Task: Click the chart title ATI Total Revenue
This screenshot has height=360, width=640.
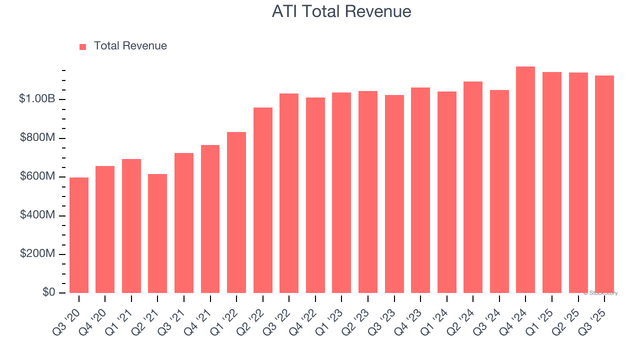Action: (341, 11)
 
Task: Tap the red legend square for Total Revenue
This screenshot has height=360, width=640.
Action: (83, 46)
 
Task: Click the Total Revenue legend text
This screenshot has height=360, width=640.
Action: (130, 46)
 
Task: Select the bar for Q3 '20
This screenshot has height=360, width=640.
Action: (79, 235)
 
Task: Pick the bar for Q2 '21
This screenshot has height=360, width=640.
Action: (157, 233)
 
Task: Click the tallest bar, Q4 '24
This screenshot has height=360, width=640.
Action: (525, 180)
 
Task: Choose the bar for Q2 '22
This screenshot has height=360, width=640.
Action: (263, 200)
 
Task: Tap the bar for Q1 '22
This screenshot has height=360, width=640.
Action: (236, 212)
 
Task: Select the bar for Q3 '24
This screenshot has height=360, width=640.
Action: (499, 191)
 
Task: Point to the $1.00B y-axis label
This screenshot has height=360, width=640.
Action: (36, 99)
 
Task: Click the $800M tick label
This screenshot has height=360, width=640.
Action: (37, 138)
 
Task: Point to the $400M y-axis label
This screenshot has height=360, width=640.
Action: (37, 215)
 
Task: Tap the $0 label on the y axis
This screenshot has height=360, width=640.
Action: (48, 292)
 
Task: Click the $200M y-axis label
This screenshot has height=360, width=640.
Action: (37, 254)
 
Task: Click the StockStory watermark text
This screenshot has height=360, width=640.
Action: (600, 293)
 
